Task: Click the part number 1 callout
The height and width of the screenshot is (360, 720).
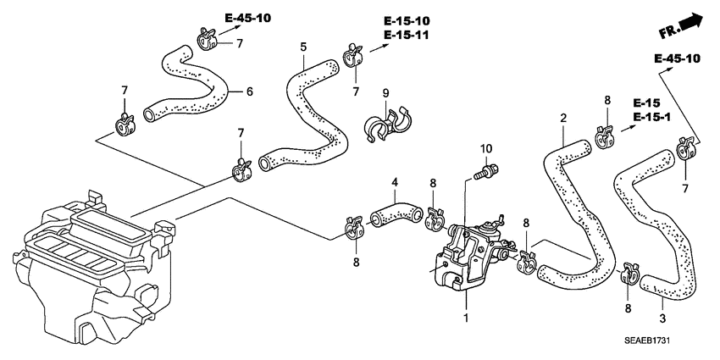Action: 465,318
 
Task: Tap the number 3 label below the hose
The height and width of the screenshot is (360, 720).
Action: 662,318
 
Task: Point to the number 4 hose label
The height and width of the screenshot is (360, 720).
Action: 394,182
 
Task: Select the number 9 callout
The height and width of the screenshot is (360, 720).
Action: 385,92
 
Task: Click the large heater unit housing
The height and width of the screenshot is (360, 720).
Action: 85,271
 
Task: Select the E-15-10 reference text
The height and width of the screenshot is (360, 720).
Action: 406,21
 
